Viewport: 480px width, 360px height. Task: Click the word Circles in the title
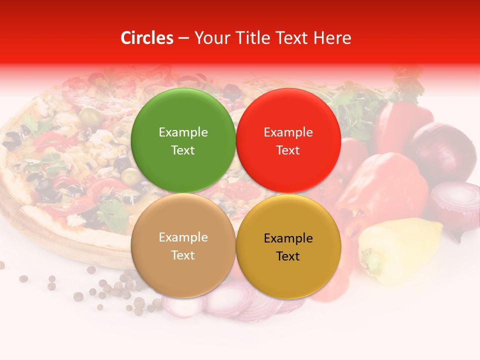coord(146,38)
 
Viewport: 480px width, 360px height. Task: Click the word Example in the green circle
coord(183,132)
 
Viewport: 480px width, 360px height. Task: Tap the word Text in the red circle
coord(288,150)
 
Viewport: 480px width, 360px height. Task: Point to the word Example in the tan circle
coord(183,237)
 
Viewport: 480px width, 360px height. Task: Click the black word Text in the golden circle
coord(288,256)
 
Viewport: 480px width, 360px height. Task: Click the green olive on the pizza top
coord(90,116)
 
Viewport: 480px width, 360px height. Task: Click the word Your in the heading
coord(209,38)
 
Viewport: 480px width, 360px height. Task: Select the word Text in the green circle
coord(183,150)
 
